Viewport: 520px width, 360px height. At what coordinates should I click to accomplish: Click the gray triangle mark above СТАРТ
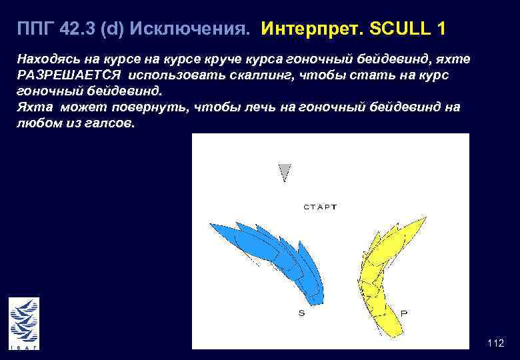pos(285,171)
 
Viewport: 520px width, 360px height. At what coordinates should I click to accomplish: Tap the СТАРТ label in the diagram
pos(320,207)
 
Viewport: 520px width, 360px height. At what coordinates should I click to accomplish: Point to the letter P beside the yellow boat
pos(404,312)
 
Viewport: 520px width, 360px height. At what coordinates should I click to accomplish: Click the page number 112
pos(495,343)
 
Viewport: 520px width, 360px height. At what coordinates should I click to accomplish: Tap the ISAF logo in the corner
pos(24,324)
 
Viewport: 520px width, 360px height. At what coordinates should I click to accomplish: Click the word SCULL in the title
pos(407,30)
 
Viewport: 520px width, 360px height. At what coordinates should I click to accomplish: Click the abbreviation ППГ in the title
pos(35,30)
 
